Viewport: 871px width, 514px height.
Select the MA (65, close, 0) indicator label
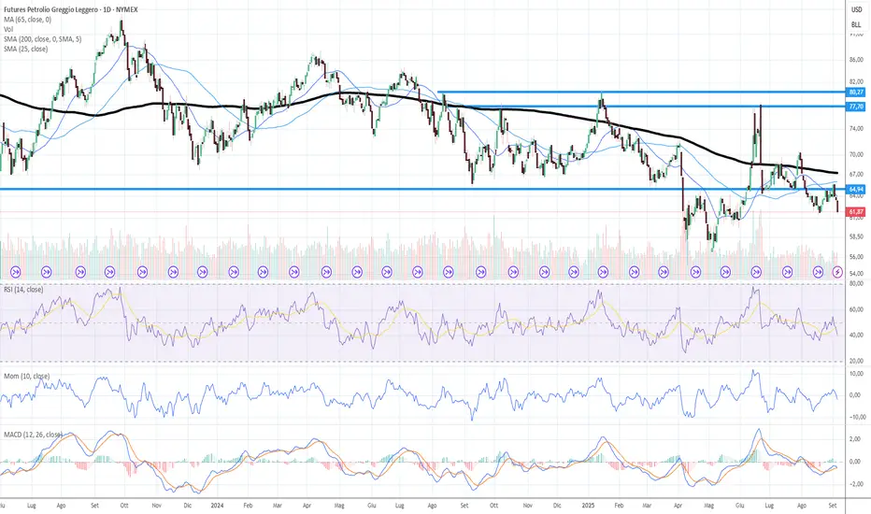click(x=29, y=19)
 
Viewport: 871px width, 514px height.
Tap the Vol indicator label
click(x=8, y=28)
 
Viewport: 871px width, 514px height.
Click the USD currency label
click(x=855, y=8)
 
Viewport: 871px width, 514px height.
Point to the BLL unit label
click(x=855, y=24)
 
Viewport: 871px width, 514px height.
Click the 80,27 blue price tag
click(x=854, y=93)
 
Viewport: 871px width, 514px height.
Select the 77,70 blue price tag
click(x=854, y=107)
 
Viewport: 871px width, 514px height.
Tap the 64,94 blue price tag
click(x=854, y=189)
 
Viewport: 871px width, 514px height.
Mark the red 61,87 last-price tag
click(x=854, y=213)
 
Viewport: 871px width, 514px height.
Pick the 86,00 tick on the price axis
click(x=854, y=60)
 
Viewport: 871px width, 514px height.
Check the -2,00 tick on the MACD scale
click(x=854, y=483)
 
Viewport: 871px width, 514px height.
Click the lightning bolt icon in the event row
click(x=837, y=271)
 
